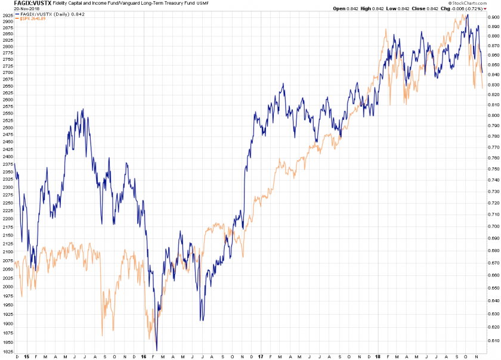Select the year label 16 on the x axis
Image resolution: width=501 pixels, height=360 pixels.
[x=144, y=356]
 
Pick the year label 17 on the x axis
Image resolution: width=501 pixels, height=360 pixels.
[x=261, y=356]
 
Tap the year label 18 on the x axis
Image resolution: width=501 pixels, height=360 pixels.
[x=378, y=356]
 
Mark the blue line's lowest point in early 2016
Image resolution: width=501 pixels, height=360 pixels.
[x=157, y=350]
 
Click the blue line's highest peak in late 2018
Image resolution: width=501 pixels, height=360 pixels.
[x=468, y=15]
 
